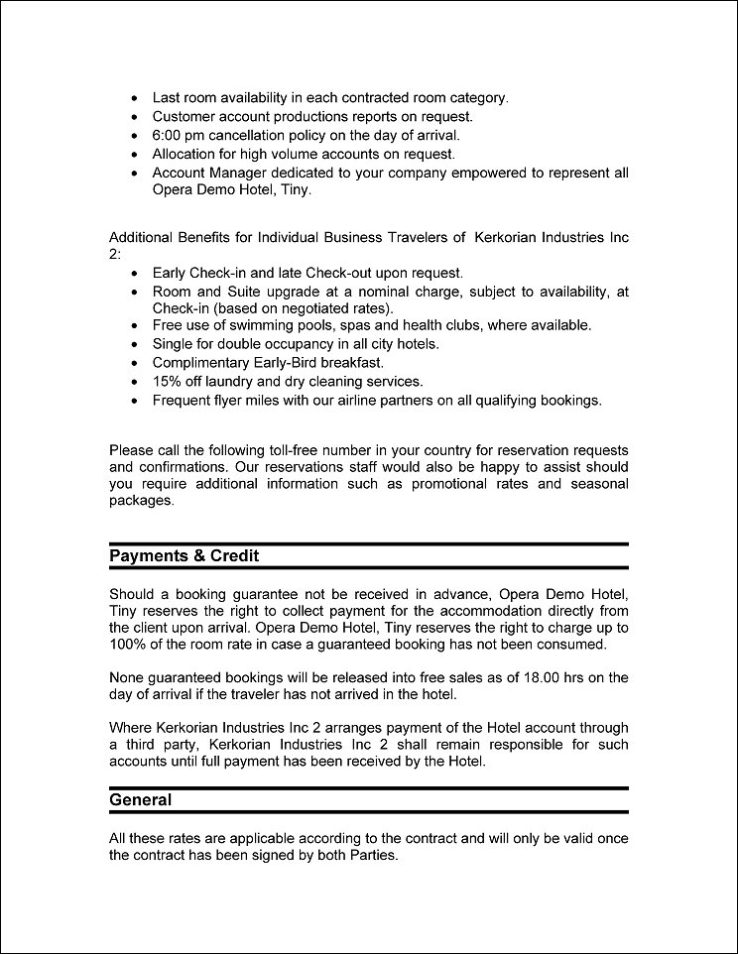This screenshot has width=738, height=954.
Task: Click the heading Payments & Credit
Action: (x=184, y=555)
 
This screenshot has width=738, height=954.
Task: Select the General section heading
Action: (x=140, y=799)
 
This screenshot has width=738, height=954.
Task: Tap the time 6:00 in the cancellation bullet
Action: (x=168, y=135)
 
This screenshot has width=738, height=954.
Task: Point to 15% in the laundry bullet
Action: (x=168, y=382)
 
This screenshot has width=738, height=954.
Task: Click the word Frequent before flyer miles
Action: (x=184, y=401)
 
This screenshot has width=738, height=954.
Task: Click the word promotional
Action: (x=442, y=484)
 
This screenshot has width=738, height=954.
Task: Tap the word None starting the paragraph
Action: (x=128, y=677)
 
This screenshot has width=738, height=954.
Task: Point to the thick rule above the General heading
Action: (x=369, y=787)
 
